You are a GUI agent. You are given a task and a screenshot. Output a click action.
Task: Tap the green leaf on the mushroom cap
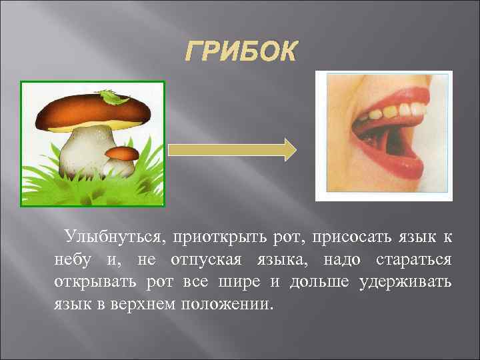(x=115, y=99)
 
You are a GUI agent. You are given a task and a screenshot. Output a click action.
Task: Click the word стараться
(x=415, y=259)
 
